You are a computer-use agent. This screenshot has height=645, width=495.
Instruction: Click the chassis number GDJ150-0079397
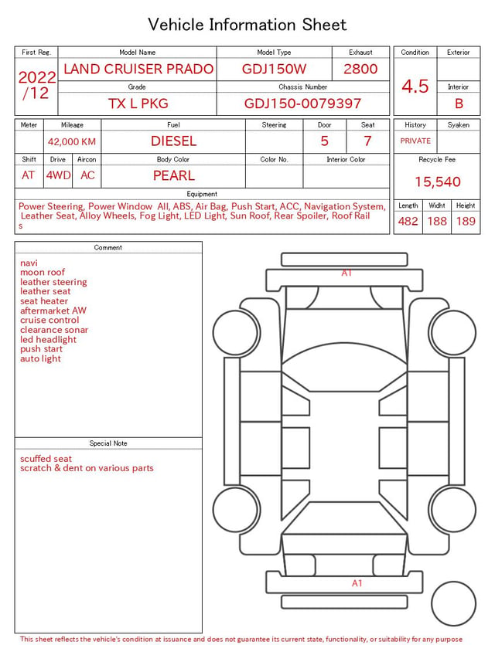pos(302,104)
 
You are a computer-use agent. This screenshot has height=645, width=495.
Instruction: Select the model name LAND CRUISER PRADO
pos(138,69)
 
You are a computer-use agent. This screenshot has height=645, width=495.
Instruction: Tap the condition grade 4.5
pos(415,87)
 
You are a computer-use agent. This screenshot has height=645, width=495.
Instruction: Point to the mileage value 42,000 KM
pos(72,142)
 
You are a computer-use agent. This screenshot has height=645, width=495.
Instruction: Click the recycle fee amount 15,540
pos(437,182)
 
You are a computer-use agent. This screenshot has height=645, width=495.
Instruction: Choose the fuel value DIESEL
pos(174,141)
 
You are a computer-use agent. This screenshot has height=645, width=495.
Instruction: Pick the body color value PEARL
pos(174,175)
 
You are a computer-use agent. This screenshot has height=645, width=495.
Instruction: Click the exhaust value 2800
pos(360,69)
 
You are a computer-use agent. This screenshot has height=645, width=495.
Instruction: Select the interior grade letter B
pos(459,104)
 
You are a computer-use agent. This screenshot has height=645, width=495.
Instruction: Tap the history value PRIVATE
pos(415,141)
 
